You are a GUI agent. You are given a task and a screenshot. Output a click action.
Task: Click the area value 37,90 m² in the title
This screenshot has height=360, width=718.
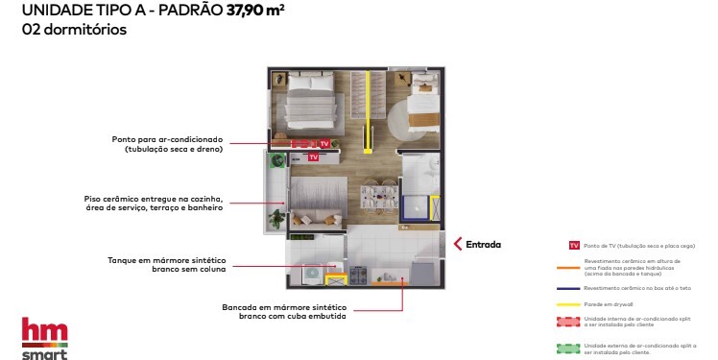[255, 12]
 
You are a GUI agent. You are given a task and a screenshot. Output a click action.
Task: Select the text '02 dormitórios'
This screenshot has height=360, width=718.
[73, 30]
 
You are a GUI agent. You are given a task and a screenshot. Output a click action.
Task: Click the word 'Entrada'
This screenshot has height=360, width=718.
[484, 244]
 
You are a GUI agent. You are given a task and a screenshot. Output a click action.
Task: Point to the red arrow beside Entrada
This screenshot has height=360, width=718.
[458, 244]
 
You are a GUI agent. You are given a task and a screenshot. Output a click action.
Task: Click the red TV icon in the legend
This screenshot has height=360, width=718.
[574, 247]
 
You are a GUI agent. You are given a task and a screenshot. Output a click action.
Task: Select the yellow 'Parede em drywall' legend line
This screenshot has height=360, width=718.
[574, 304]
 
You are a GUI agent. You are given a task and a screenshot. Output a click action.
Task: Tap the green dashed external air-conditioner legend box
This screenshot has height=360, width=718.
[574, 348]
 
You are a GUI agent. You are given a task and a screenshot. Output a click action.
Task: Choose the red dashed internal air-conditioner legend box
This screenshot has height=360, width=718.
[574, 322]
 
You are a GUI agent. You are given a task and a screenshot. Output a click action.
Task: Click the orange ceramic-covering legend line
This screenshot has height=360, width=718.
[574, 269]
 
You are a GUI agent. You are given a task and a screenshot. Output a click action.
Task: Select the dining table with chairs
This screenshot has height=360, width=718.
[378, 196]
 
